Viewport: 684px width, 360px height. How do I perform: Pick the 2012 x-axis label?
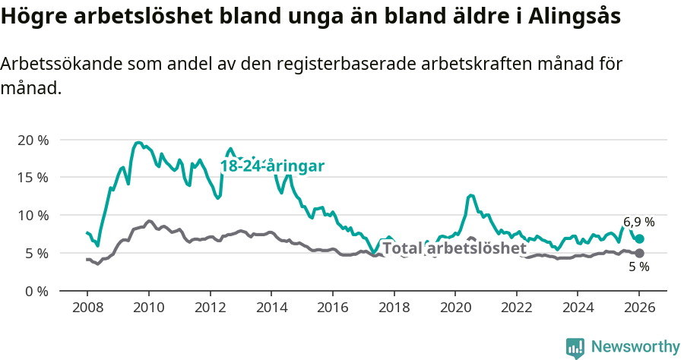(209, 308)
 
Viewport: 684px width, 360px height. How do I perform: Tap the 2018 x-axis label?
(393, 308)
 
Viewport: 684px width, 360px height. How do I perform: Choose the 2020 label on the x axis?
(454, 308)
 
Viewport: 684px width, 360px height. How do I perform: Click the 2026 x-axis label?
(638, 308)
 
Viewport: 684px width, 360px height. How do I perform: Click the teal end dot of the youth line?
(639, 238)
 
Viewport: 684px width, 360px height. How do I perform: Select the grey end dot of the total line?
(639, 253)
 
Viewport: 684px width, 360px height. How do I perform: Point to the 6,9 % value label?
(639, 222)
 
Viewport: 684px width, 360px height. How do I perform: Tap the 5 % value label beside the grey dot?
(639, 267)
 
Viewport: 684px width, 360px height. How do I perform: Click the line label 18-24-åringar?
(272, 166)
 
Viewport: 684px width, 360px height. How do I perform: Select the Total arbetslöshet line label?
(454, 248)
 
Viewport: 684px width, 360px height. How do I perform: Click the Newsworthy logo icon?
(575, 348)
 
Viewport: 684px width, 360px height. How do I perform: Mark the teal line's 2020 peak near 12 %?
(471, 196)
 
